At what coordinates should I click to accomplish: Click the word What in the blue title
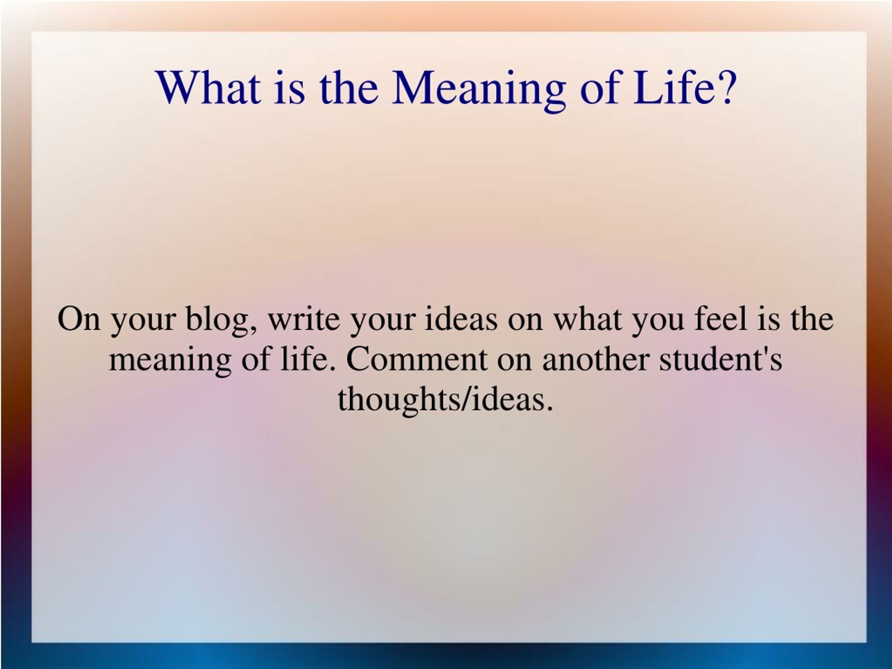pos(209,88)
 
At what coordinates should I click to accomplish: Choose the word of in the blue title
pos(599,88)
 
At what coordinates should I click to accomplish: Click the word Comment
pos(417,359)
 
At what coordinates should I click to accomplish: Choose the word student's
pos(721,359)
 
